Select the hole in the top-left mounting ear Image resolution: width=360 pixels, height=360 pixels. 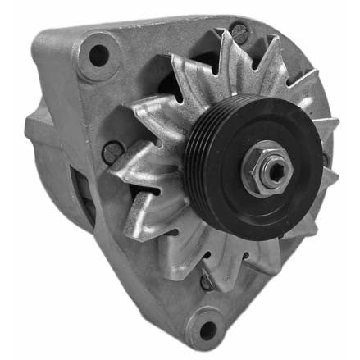click(98, 56)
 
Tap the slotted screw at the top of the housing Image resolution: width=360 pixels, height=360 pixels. click(239, 32)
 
